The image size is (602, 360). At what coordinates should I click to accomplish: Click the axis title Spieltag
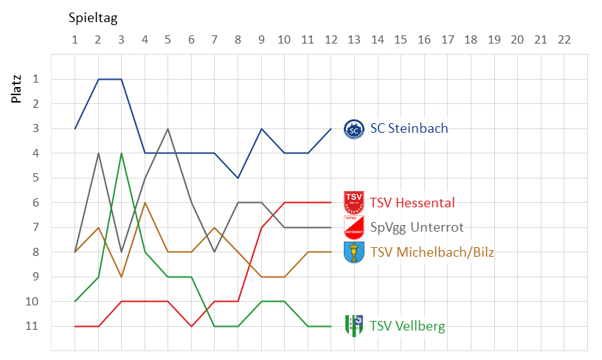coord(93,17)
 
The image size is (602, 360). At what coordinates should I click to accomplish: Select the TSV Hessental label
coord(412,203)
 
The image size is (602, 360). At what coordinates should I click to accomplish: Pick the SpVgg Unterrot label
coord(417,227)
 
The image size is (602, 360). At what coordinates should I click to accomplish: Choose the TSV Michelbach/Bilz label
coord(432,252)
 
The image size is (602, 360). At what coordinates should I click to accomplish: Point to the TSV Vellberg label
coord(407,326)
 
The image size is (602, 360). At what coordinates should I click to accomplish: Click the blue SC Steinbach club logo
coord(354,129)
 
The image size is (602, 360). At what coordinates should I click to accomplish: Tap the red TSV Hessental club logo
coord(354,201)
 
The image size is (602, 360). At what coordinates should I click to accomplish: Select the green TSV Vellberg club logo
coord(354,325)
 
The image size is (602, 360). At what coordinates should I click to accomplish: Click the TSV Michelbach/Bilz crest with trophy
coord(354,252)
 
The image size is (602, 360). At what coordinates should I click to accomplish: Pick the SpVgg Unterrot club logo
coord(354,226)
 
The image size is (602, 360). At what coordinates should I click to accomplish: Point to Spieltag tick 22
coord(564,38)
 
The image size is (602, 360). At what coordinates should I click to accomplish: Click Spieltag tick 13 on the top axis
coord(354,38)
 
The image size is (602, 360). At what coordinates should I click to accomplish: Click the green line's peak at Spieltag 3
coord(122,153)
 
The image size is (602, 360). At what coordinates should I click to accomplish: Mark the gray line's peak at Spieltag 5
coord(168,128)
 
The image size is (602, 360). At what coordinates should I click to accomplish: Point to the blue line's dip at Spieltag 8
coord(238,178)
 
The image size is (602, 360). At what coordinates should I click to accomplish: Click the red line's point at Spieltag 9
coord(261,227)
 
